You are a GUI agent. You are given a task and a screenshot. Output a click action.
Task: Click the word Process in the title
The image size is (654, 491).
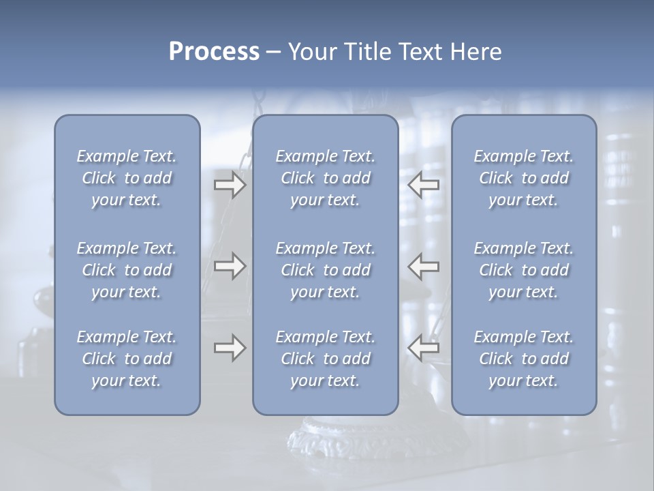pos(214,52)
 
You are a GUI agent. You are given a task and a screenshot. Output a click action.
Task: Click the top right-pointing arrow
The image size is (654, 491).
pos(230,185)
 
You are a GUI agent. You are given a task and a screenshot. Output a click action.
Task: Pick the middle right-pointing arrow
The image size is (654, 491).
pos(230,266)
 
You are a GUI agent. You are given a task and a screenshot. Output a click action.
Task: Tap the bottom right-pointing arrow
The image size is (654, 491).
pos(230,348)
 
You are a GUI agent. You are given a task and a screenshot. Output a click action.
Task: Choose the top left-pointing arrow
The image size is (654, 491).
pos(424,185)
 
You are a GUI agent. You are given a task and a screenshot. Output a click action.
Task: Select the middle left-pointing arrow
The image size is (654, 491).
pos(424,266)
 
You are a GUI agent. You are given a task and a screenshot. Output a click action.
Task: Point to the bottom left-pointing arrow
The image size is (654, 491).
pos(424,348)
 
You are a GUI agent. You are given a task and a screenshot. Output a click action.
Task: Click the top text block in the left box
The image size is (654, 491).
pos(127,178)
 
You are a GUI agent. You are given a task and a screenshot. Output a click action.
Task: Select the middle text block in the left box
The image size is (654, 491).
pos(127,270)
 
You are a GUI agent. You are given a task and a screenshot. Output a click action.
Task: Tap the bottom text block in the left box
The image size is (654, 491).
pos(127,359)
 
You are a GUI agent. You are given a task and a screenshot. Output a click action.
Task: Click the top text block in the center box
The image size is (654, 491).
pos(325,178)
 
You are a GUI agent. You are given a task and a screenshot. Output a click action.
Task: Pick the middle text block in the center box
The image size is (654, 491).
pos(325,270)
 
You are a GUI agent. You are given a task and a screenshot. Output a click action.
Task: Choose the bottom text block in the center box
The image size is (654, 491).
pos(325,359)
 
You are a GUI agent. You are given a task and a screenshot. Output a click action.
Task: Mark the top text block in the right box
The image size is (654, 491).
pos(524,178)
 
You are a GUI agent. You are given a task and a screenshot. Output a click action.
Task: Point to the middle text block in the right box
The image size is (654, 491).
pos(524,270)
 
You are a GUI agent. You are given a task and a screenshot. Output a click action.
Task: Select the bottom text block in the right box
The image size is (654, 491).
pos(524,359)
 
